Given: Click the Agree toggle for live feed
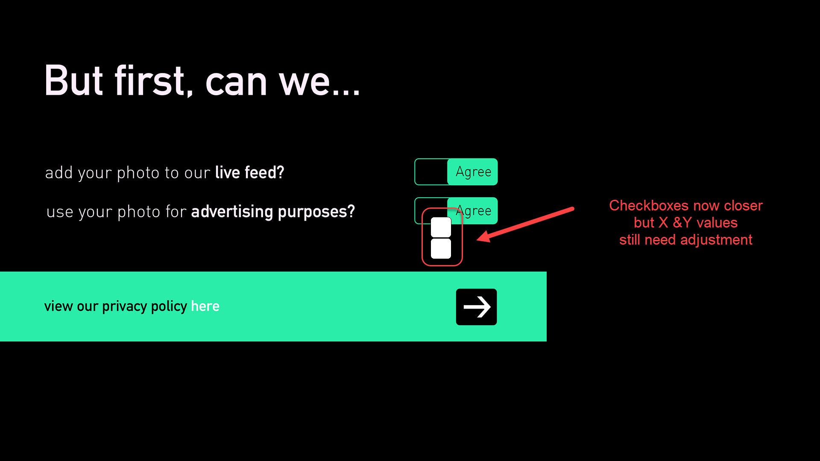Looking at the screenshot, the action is click(456, 172).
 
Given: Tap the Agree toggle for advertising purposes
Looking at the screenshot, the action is click(456, 210).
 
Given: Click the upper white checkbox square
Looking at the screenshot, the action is click(441, 227).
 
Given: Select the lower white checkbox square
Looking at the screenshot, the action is click(441, 248).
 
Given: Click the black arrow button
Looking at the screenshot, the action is click(476, 307).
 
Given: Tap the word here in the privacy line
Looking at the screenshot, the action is click(205, 306).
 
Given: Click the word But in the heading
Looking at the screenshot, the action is click(73, 81).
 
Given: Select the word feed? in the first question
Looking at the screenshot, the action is click(264, 172).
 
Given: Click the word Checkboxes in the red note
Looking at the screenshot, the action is click(649, 205).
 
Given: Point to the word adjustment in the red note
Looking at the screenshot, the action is click(716, 240).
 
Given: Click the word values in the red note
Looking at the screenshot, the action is click(717, 222).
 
